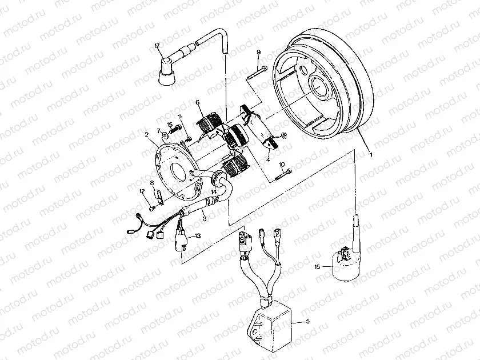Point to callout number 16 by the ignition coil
point(317,267)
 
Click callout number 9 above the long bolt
point(258,53)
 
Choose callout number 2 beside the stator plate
point(147,135)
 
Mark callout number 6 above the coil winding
point(197,103)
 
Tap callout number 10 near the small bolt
point(282,165)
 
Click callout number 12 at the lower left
point(142,191)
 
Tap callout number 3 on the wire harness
point(204,217)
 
